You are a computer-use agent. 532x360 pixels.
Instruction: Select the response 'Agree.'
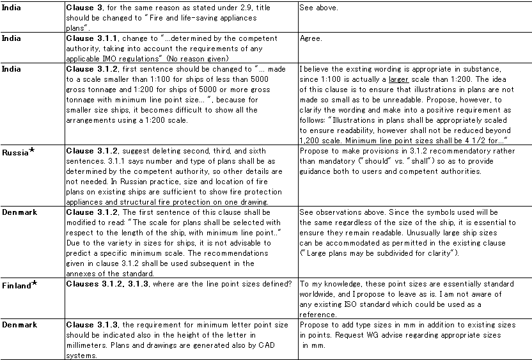click(311, 38)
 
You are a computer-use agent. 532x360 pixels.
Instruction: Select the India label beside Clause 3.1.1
click(11, 38)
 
